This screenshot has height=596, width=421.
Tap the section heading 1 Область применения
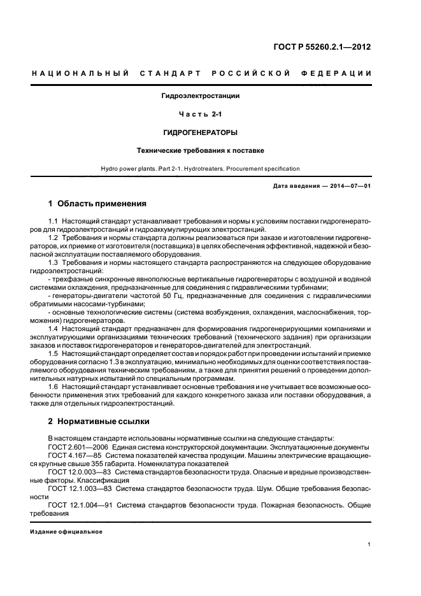point(97,204)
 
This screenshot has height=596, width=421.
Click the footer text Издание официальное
point(67,531)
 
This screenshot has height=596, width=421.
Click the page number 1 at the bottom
point(369,544)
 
